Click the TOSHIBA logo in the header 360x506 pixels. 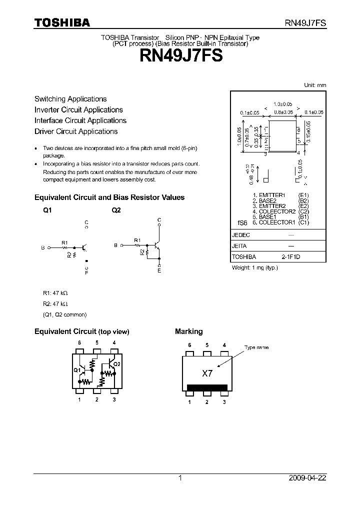point(62,22)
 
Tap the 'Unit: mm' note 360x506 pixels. point(315,85)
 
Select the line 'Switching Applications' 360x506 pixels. point(70,99)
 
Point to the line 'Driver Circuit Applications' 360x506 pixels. point(76,131)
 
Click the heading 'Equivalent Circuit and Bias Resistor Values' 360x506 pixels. point(109,197)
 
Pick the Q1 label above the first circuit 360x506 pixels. point(47,211)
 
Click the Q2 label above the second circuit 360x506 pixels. point(116,211)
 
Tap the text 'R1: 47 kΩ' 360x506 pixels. point(55,293)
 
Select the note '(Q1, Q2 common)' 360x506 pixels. point(64,314)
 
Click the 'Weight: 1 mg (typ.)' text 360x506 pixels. point(254,268)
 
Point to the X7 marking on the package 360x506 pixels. point(207,373)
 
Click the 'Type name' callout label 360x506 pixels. point(256,347)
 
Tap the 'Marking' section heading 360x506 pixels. point(188,331)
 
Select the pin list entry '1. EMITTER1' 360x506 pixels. point(268,195)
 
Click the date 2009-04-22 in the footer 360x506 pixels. point(307,478)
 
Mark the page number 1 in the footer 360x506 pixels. point(180,478)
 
